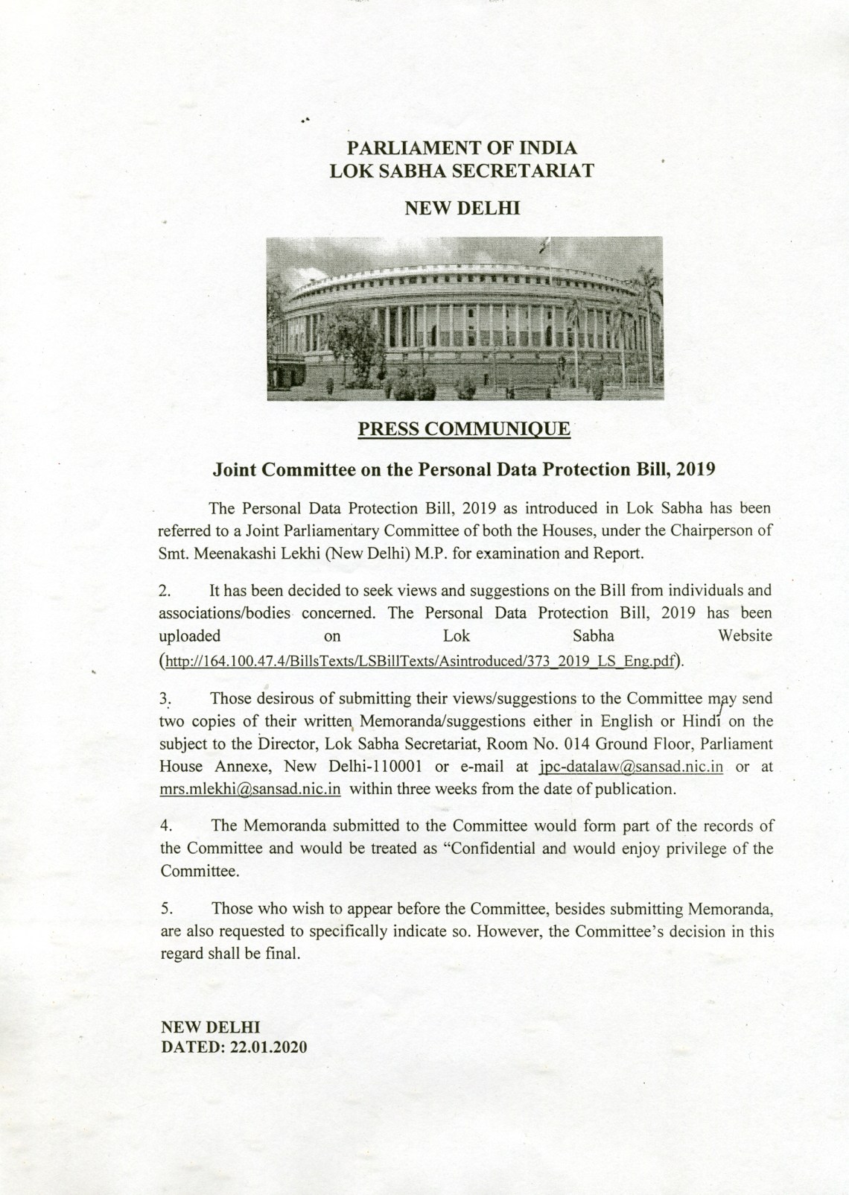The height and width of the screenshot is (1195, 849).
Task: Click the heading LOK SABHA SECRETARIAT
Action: coord(462,170)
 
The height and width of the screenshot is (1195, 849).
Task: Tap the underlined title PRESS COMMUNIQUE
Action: coord(464,429)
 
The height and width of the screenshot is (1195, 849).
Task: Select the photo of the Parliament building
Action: coord(464,318)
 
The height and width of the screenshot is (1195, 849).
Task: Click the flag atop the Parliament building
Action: coord(544,243)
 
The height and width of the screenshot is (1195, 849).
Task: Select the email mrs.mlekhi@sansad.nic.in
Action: coord(250,789)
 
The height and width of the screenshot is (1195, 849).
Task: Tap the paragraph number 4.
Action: coord(166,826)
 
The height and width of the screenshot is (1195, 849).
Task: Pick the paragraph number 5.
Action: coord(166,910)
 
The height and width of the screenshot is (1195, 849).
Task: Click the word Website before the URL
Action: coord(744,635)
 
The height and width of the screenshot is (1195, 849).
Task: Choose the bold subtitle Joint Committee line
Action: coord(464,469)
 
